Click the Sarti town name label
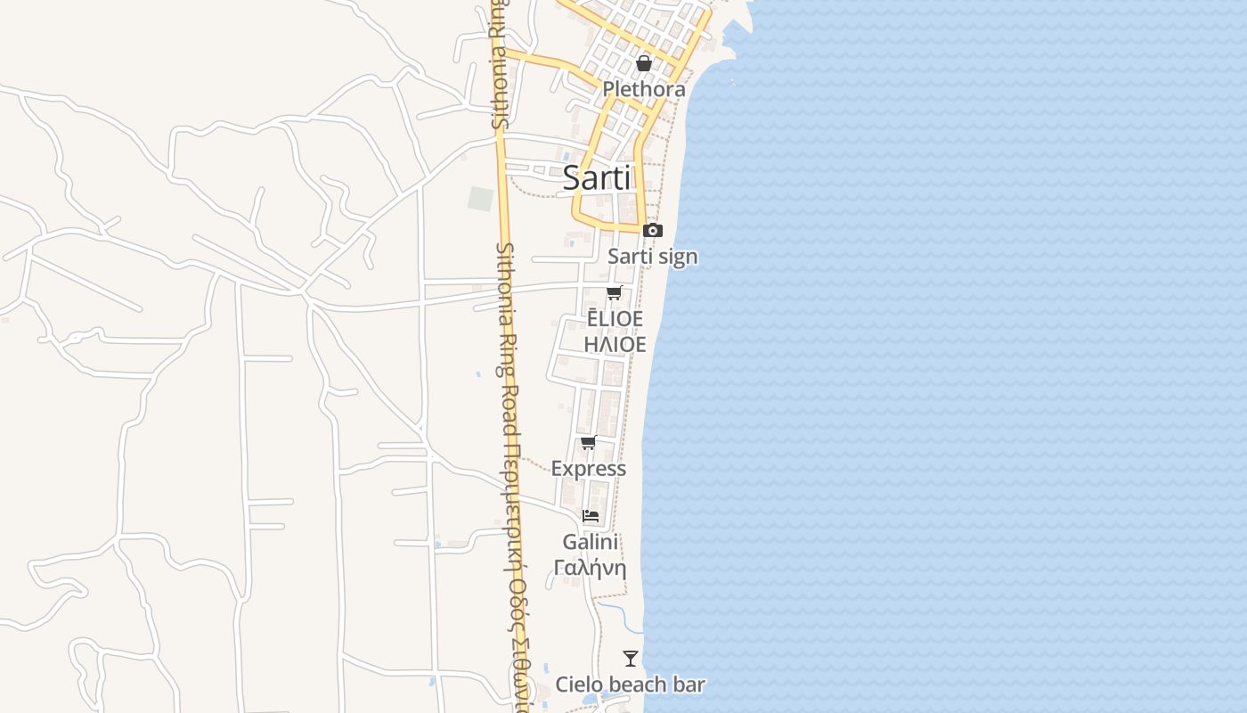(x=597, y=178)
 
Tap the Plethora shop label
(x=644, y=89)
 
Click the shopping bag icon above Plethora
(x=644, y=63)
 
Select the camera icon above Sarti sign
(x=653, y=230)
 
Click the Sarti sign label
(x=653, y=257)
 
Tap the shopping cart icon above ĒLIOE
(x=615, y=292)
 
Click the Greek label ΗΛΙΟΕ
(x=615, y=344)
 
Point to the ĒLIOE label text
(x=615, y=319)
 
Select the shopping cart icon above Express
(x=589, y=442)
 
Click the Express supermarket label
(x=589, y=469)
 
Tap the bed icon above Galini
(x=591, y=515)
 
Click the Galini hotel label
(x=591, y=542)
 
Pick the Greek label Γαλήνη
(x=591, y=568)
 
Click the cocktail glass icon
(x=631, y=659)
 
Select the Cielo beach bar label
(x=631, y=684)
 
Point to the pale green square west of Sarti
(x=481, y=199)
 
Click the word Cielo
(x=581, y=684)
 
